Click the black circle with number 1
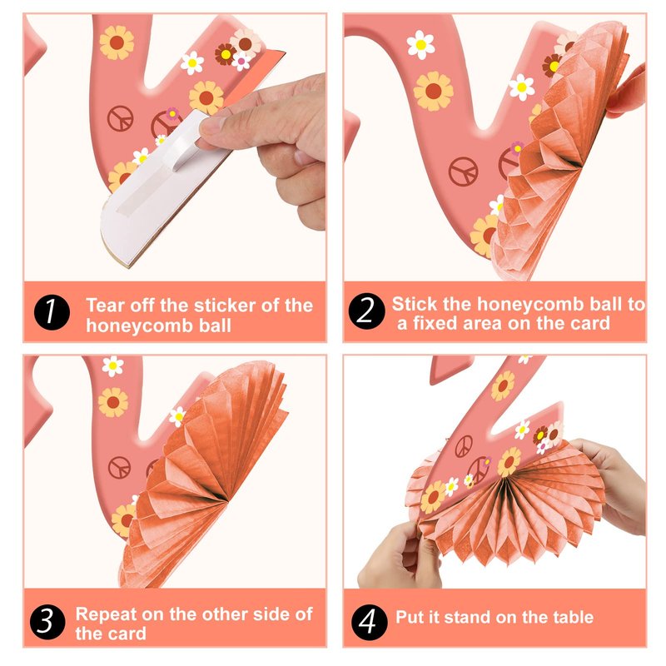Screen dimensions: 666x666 [x=52, y=312]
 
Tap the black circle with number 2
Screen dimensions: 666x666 [x=366, y=311]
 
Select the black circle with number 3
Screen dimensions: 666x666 [x=47, y=622]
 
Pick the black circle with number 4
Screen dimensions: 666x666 [x=369, y=622]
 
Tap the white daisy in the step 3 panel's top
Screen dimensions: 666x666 [x=112, y=365]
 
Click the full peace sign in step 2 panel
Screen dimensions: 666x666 [x=464, y=171]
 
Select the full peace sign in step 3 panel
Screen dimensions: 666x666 [x=119, y=467]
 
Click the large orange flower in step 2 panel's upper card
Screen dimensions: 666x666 [x=433, y=92]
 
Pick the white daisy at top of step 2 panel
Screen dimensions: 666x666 [x=420, y=45]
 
